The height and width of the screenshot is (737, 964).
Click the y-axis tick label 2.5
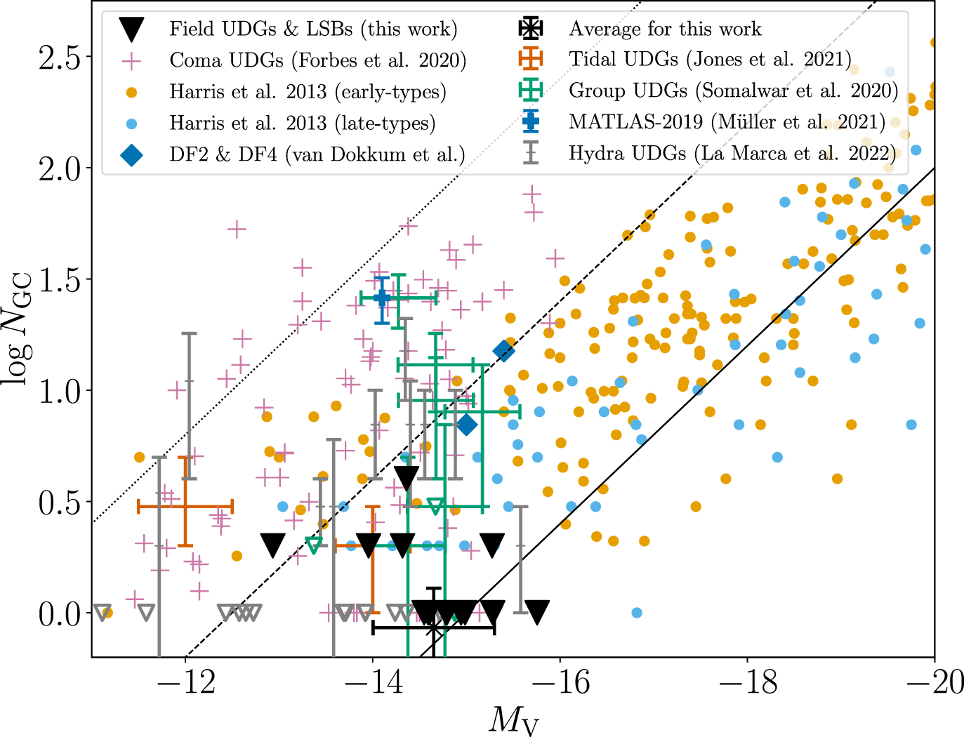pos(60,57)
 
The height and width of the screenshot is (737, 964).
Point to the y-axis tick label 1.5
pos(60,279)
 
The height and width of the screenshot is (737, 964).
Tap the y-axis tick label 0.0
pos(60,613)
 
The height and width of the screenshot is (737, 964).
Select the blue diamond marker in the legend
pos(131,154)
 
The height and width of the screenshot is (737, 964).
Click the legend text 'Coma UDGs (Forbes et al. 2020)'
pos(318,60)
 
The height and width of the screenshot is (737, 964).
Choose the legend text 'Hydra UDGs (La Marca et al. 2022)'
pos(732,153)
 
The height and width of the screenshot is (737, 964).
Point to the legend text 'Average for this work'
pos(666,29)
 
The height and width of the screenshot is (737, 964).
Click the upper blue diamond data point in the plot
pos(503,351)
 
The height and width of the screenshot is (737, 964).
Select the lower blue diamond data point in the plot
pos(467,425)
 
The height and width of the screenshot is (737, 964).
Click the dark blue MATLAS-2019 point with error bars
pos(382,298)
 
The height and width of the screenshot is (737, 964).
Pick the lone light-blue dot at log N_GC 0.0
pos(637,613)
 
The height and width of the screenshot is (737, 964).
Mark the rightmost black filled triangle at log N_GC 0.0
pos(537,611)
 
